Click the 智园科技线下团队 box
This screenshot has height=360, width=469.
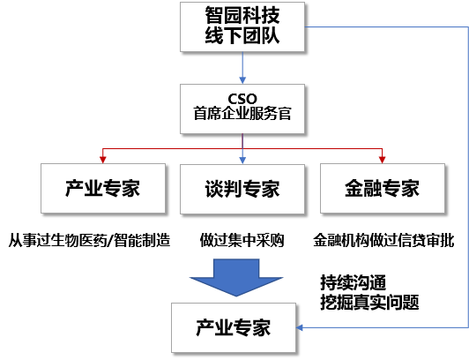tap(242, 26)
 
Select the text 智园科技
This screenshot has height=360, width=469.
tap(242, 15)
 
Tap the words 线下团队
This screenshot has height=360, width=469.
tap(242, 39)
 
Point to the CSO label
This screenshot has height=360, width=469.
tap(242, 97)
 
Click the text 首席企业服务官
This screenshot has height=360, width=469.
tap(242, 113)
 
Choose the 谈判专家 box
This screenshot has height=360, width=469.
tap(242, 188)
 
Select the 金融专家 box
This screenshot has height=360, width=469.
tap(382, 188)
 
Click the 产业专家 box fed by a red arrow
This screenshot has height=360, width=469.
tap(103, 188)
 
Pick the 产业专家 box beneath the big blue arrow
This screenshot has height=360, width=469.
tap(233, 327)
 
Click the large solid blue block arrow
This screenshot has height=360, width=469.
tap(236, 276)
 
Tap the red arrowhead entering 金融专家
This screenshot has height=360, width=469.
tap(382, 159)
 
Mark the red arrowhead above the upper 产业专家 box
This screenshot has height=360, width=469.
tap(103, 159)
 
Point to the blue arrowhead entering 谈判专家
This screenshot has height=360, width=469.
tap(242, 159)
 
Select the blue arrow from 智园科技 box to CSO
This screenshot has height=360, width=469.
tap(242, 67)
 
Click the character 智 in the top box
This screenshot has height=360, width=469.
tap(211, 15)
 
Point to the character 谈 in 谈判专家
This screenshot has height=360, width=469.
tap(213, 188)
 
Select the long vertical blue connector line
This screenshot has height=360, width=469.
tap(465, 176)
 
